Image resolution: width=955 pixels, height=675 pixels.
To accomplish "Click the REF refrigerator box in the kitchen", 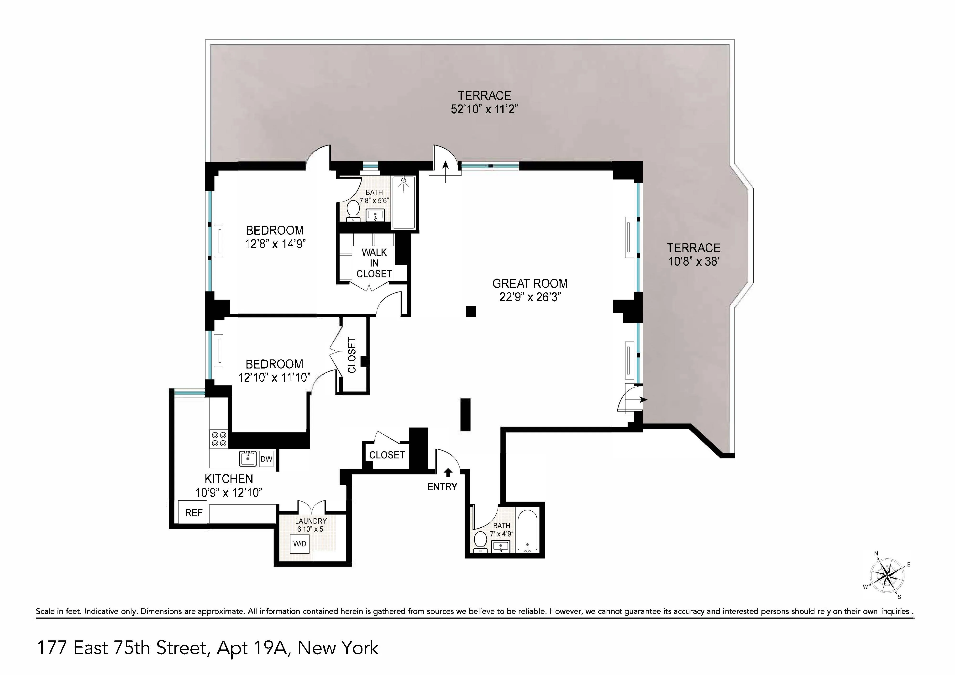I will (194, 513).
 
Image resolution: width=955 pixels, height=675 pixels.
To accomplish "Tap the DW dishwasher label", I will (266, 459).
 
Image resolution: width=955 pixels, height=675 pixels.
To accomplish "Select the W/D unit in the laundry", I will (299, 544).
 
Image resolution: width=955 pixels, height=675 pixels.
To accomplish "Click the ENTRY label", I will (442, 487).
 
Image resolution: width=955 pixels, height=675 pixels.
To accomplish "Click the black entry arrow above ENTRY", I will (448, 472).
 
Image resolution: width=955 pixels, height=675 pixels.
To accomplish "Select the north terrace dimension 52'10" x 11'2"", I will (484, 109).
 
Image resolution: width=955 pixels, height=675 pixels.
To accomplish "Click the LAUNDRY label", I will (311, 521).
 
